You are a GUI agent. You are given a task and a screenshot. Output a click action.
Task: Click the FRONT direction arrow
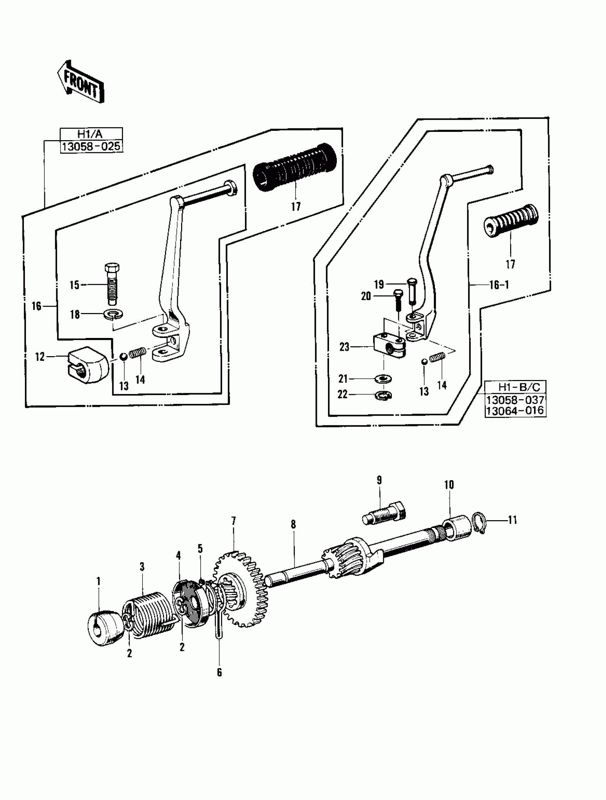click(x=80, y=82)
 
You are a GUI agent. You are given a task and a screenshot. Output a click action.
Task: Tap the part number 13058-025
click(x=91, y=147)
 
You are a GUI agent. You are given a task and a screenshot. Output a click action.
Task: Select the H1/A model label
click(x=91, y=134)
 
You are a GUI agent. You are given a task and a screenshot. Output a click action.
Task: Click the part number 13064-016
click(x=515, y=411)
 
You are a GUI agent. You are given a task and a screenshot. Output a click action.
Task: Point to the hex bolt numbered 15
click(x=112, y=284)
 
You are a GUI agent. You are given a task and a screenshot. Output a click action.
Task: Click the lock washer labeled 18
click(x=113, y=314)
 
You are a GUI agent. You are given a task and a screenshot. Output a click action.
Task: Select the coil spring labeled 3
click(x=147, y=614)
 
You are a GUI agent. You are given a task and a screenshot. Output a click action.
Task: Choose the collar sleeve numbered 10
click(x=457, y=529)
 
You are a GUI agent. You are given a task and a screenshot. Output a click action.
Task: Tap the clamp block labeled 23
click(x=389, y=345)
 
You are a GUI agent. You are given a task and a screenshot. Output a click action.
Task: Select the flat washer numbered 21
click(x=384, y=379)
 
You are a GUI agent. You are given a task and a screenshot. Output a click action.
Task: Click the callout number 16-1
click(x=499, y=284)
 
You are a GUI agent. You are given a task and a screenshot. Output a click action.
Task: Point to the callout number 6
click(x=219, y=672)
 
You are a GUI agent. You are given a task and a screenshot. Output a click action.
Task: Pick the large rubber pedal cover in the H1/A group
click(x=295, y=169)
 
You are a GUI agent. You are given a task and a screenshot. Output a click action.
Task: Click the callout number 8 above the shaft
click(x=293, y=524)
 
